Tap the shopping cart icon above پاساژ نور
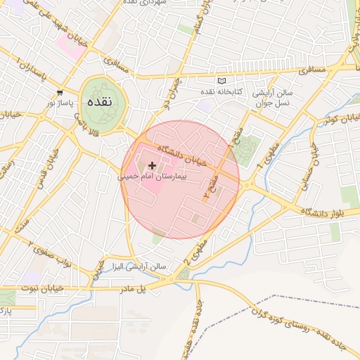coord(60,92)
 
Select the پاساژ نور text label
coord(60,103)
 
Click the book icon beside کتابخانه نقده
coord(223,81)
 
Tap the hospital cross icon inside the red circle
coord(153,165)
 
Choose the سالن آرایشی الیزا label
coord(140,267)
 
